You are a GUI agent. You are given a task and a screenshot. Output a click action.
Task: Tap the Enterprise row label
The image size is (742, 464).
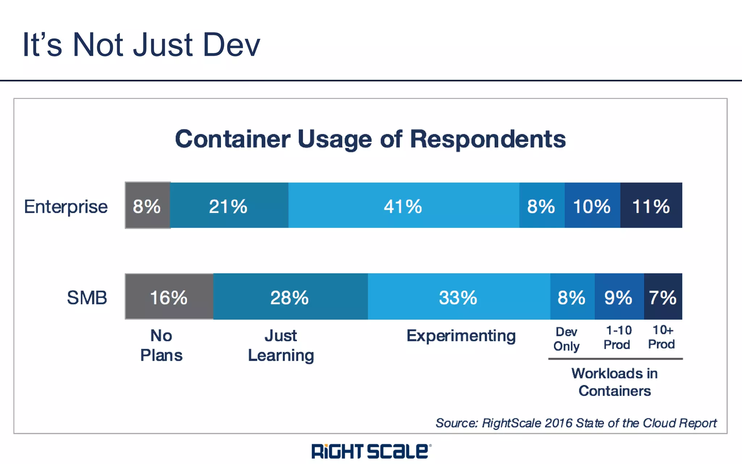click(66, 207)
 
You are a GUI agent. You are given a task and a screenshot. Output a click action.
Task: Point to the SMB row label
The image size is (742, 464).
click(87, 298)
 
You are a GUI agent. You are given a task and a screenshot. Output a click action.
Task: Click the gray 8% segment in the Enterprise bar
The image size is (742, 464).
click(147, 206)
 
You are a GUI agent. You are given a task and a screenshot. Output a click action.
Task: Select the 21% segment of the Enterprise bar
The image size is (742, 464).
click(229, 206)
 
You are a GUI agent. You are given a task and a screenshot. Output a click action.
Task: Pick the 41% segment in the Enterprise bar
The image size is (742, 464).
click(403, 206)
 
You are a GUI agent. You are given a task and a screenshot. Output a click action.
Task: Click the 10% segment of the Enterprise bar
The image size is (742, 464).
click(592, 206)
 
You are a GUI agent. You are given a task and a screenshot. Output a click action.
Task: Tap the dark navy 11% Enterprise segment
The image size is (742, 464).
click(651, 206)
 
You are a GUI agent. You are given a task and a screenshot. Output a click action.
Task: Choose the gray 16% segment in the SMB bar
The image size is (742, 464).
click(169, 297)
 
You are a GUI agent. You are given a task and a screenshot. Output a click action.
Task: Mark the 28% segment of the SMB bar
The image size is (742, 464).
click(290, 297)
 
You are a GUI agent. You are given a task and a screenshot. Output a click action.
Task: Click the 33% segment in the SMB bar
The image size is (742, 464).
click(459, 297)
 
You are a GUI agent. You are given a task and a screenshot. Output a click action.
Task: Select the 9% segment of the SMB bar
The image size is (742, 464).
click(619, 297)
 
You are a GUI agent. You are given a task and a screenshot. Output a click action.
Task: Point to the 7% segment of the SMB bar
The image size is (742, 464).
click(663, 297)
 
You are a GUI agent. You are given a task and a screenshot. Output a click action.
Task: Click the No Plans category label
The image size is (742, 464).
click(161, 345)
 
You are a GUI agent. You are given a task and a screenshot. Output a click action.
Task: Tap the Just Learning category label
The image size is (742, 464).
click(281, 345)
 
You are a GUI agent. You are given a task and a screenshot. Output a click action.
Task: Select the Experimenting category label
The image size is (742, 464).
click(461, 336)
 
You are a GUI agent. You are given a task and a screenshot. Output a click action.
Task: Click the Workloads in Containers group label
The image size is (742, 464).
click(614, 382)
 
